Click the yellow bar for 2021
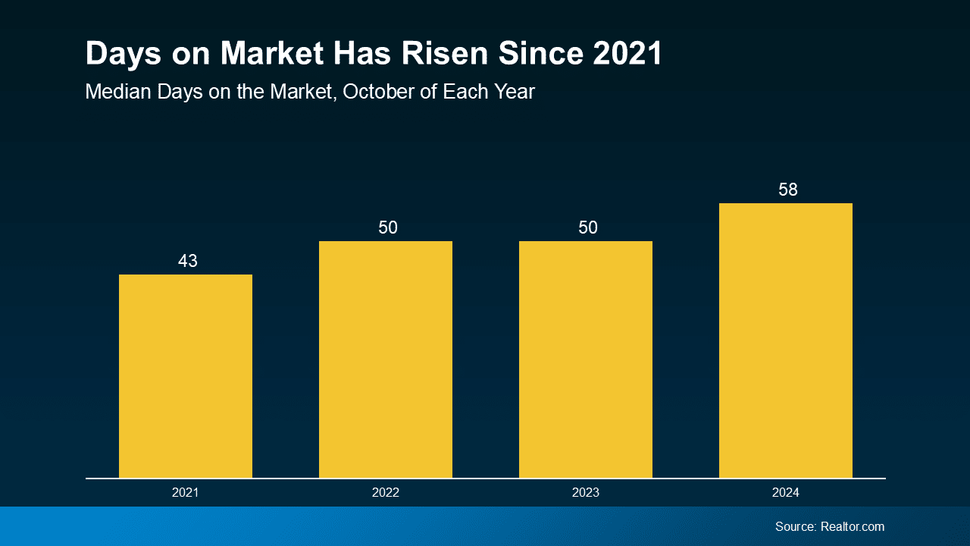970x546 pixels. tap(186, 376)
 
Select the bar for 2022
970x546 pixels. tap(386, 359)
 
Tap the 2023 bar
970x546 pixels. tap(586, 359)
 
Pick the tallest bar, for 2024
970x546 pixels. tap(786, 340)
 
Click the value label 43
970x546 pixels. tap(187, 261)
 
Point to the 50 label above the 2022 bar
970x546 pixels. tap(387, 227)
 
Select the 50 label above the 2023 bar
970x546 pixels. tap(587, 227)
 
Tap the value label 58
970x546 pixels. tap(788, 190)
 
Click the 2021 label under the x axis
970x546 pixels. tap(186, 493)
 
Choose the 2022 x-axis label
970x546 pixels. tap(386, 493)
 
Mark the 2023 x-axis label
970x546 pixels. tap(586, 493)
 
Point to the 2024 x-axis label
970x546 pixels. tap(786, 493)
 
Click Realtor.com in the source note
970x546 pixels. tap(853, 526)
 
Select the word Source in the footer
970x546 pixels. tap(795, 526)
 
